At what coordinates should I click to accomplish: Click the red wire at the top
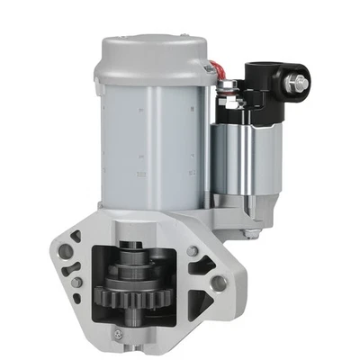tap(212, 69)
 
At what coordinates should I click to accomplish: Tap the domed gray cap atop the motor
tap(148, 52)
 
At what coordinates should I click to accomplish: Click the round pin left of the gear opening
tap(79, 283)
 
